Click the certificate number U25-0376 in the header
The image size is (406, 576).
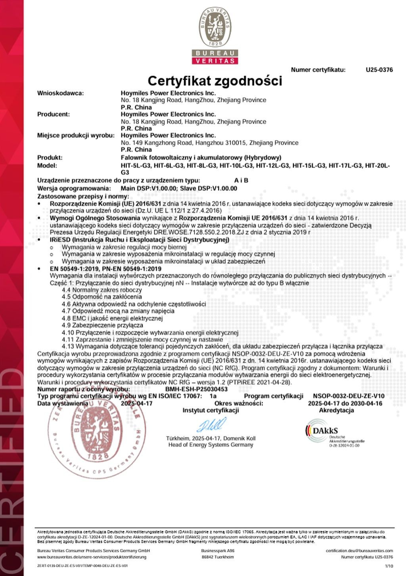tap(379, 70)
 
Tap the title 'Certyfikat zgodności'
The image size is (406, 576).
tap(215, 81)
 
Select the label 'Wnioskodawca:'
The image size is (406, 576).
tap(61, 93)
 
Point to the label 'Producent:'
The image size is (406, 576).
tap(54, 114)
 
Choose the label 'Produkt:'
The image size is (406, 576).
tap(50, 157)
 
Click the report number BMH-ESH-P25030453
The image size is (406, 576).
tap(196, 389)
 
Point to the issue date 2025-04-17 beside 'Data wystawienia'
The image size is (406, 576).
tap(136, 403)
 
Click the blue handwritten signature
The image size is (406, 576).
tap(211, 425)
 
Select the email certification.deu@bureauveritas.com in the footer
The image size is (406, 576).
tap(359, 551)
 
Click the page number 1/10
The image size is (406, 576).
tap(389, 566)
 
